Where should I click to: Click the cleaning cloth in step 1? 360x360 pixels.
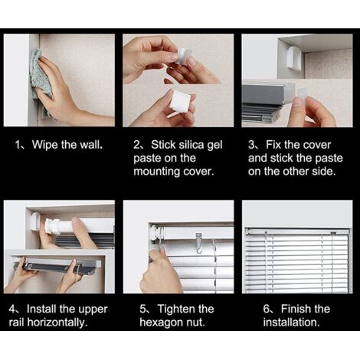[41, 82]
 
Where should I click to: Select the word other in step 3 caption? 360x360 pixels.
[296, 172]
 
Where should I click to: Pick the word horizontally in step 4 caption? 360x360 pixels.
[57, 322]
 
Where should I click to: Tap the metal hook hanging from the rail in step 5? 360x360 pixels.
[199, 243]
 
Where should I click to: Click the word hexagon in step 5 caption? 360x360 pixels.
[161, 322]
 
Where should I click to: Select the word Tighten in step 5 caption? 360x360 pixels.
[176, 309]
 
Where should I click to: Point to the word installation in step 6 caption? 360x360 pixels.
[291, 322]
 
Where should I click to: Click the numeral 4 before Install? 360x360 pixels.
[11, 309]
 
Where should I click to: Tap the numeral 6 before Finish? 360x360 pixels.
[266, 309]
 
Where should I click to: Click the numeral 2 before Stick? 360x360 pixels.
[136, 145]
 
